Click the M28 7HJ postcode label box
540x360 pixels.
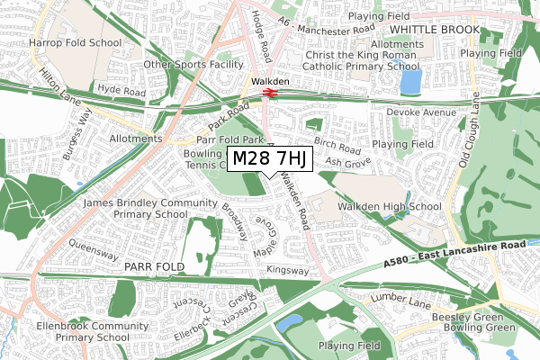[x=270, y=159]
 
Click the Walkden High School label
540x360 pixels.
[x=383, y=208]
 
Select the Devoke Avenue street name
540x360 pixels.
[x=421, y=112]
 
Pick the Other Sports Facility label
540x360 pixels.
[x=193, y=65]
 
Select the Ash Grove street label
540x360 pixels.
[x=347, y=162]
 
